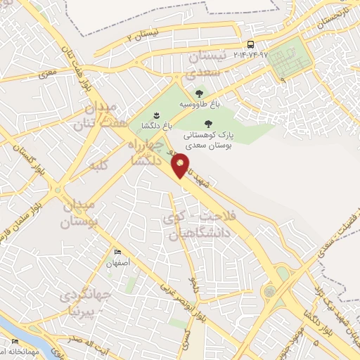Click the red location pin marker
pos(181,165)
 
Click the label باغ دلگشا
pos(156,127)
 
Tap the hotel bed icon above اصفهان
pos(117,252)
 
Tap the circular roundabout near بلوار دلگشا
pos(270,290)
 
